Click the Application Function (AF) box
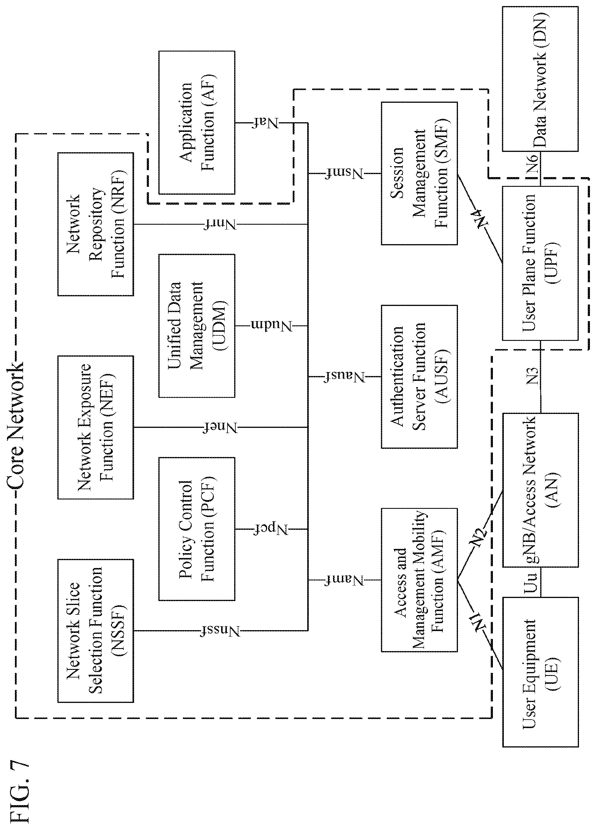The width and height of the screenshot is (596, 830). (197, 123)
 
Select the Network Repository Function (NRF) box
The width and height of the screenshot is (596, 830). (96, 224)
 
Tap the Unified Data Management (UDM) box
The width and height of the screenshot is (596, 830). (197, 326)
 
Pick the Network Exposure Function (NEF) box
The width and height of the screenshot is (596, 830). (96, 427)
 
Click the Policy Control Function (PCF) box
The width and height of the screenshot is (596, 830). (197, 529)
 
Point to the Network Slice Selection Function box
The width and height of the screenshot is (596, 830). (96, 630)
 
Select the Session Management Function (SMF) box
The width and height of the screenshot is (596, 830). (419, 173)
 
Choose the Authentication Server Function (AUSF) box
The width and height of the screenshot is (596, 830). (419, 377)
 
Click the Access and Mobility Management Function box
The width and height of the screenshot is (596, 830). (419, 580)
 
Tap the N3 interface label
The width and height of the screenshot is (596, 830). (533, 375)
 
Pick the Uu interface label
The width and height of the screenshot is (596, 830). (531, 582)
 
